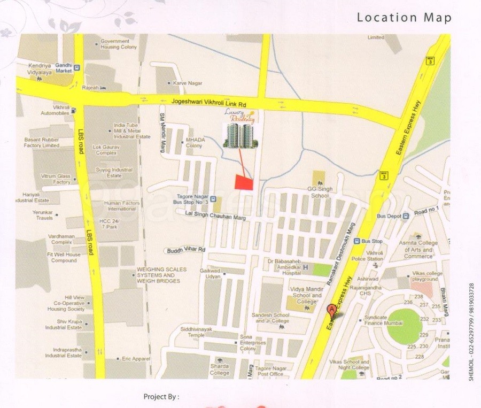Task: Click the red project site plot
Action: tap(244, 182)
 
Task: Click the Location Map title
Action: tap(404, 18)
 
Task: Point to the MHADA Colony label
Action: tap(194, 143)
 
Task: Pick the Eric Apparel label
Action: tap(135, 358)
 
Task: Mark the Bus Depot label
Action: tap(389, 215)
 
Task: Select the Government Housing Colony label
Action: tap(119, 44)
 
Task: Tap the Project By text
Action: tap(161, 397)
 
